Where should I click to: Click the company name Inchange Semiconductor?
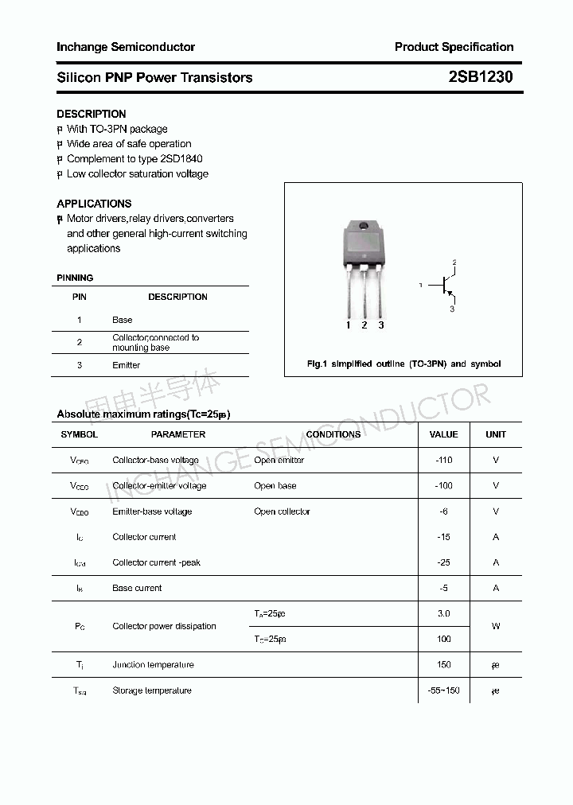coord(126,47)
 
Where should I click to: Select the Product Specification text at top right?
coord(454,47)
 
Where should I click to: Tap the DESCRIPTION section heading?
coord(91,114)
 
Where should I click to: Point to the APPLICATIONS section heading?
coord(94,204)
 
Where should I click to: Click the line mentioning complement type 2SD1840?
coord(134,159)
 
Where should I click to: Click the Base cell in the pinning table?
coord(123,320)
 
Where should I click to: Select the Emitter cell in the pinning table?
coord(126,365)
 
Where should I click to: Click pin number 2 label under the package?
coord(364,325)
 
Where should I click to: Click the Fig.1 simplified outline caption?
coord(403,364)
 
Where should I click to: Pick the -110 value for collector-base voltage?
coord(443,461)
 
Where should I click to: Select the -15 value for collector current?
coord(443,537)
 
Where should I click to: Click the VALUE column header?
coord(443,434)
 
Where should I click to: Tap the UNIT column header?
coord(496,434)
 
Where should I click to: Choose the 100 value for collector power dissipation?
coord(443,639)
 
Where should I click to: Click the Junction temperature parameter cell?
coord(153,665)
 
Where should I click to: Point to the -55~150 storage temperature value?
coord(443,690)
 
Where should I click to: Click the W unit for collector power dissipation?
coord(496,626)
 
